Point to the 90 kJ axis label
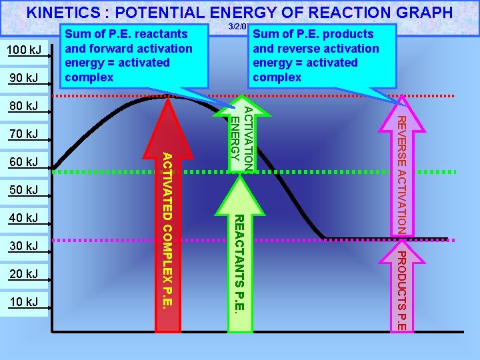point(24,79)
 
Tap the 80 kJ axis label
point(24,106)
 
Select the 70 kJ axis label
point(24,135)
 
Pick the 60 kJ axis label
point(24,162)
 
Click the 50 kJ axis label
point(24,191)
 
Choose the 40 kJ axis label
point(24,218)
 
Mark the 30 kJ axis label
point(24,247)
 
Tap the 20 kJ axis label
point(24,274)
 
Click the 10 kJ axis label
point(24,302)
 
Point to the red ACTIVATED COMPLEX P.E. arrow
point(171,220)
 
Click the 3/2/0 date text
point(238,27)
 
